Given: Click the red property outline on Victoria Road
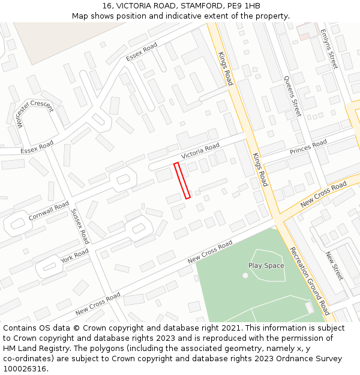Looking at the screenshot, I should [182, 180].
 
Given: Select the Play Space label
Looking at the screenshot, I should [266, 265].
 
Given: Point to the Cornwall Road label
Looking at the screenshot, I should [49, 211].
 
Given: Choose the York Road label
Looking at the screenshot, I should [74, 256].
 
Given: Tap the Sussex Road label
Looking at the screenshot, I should [80, 226].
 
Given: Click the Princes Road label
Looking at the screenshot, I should [308, 147].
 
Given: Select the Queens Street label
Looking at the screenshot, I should [292, 96].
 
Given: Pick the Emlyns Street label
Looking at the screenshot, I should [330, 49].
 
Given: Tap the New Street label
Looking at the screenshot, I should [334, 266].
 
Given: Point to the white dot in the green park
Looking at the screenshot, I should [245, 275].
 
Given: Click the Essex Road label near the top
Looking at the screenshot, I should [142, 52].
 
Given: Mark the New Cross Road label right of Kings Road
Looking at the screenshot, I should [323, 195].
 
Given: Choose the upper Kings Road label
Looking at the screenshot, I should [225, 68].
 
